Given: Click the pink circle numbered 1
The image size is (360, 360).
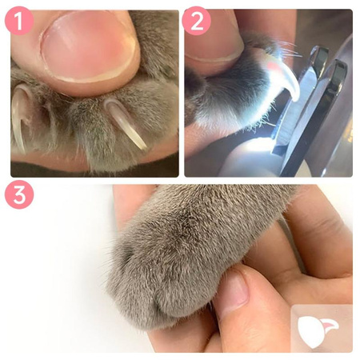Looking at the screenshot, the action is click(x=19, y=21).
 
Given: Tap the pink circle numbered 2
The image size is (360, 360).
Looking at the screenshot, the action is click(x=197, y=21).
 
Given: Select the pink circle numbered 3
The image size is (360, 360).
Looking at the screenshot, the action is click(x=19, y=194).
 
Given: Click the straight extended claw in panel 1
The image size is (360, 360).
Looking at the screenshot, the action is click(x=125, y=122).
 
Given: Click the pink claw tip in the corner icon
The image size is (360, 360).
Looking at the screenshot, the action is click(x=330, y=325).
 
